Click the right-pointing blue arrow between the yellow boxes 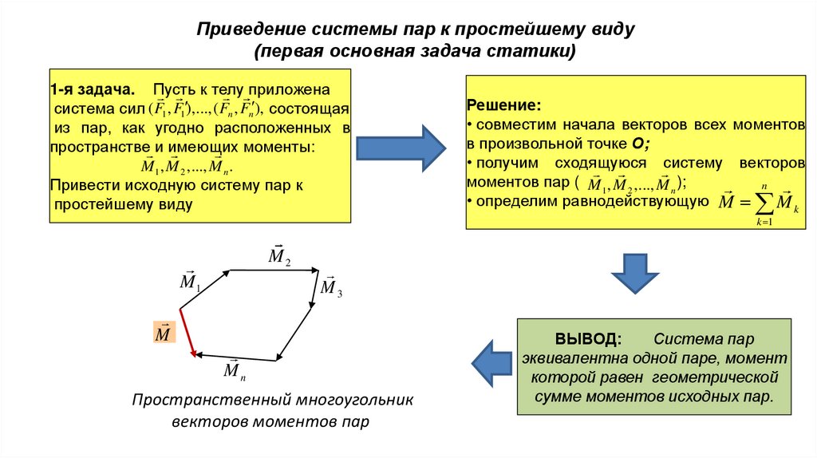(x=399, y=147)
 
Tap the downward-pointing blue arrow (x=635, y=274)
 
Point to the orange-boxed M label (x=163, y=334)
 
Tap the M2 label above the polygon (x=279, y=255)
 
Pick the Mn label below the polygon (x=232, y=370)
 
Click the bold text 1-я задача (x=93, y=89)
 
